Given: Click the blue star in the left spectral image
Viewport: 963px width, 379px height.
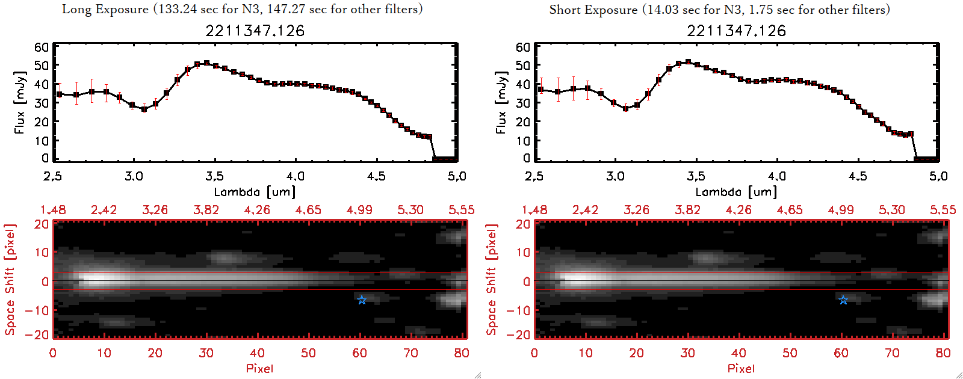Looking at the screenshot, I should tap(362, 300).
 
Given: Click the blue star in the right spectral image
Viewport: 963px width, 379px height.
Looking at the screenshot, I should tap(843, 300).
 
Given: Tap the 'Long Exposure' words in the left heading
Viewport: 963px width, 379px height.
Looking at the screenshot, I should tap(105, 9).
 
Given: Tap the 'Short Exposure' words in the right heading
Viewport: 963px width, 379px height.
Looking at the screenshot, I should tap(593, 10).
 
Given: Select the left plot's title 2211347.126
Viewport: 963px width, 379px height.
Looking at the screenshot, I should tap(255, 31).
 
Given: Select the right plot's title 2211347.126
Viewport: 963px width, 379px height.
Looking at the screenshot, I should tap(736, 31).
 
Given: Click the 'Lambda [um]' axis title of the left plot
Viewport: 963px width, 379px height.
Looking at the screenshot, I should tap(255, 192).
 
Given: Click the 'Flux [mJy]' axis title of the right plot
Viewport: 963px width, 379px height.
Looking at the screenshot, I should tap(501, 102).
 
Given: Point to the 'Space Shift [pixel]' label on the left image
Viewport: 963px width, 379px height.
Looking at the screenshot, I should tap(10, 280).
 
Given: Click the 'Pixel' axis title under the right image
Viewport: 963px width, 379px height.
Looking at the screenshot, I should tap(741, 368).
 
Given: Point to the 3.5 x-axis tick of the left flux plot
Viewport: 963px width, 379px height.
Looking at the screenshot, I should tap(214, 176).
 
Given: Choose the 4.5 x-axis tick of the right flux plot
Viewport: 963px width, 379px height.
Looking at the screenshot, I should tap(858, 176).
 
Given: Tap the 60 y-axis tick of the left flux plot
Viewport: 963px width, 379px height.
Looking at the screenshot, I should tap(42, 48).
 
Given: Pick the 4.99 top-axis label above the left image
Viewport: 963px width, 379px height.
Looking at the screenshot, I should tap(359, 210).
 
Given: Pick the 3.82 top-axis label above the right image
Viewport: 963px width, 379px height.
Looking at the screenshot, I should tap(687, 210).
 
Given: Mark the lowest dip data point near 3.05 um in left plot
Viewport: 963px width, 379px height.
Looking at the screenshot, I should tap(144, 109).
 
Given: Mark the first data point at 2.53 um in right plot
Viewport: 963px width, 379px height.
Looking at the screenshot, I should tap(540, 90).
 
